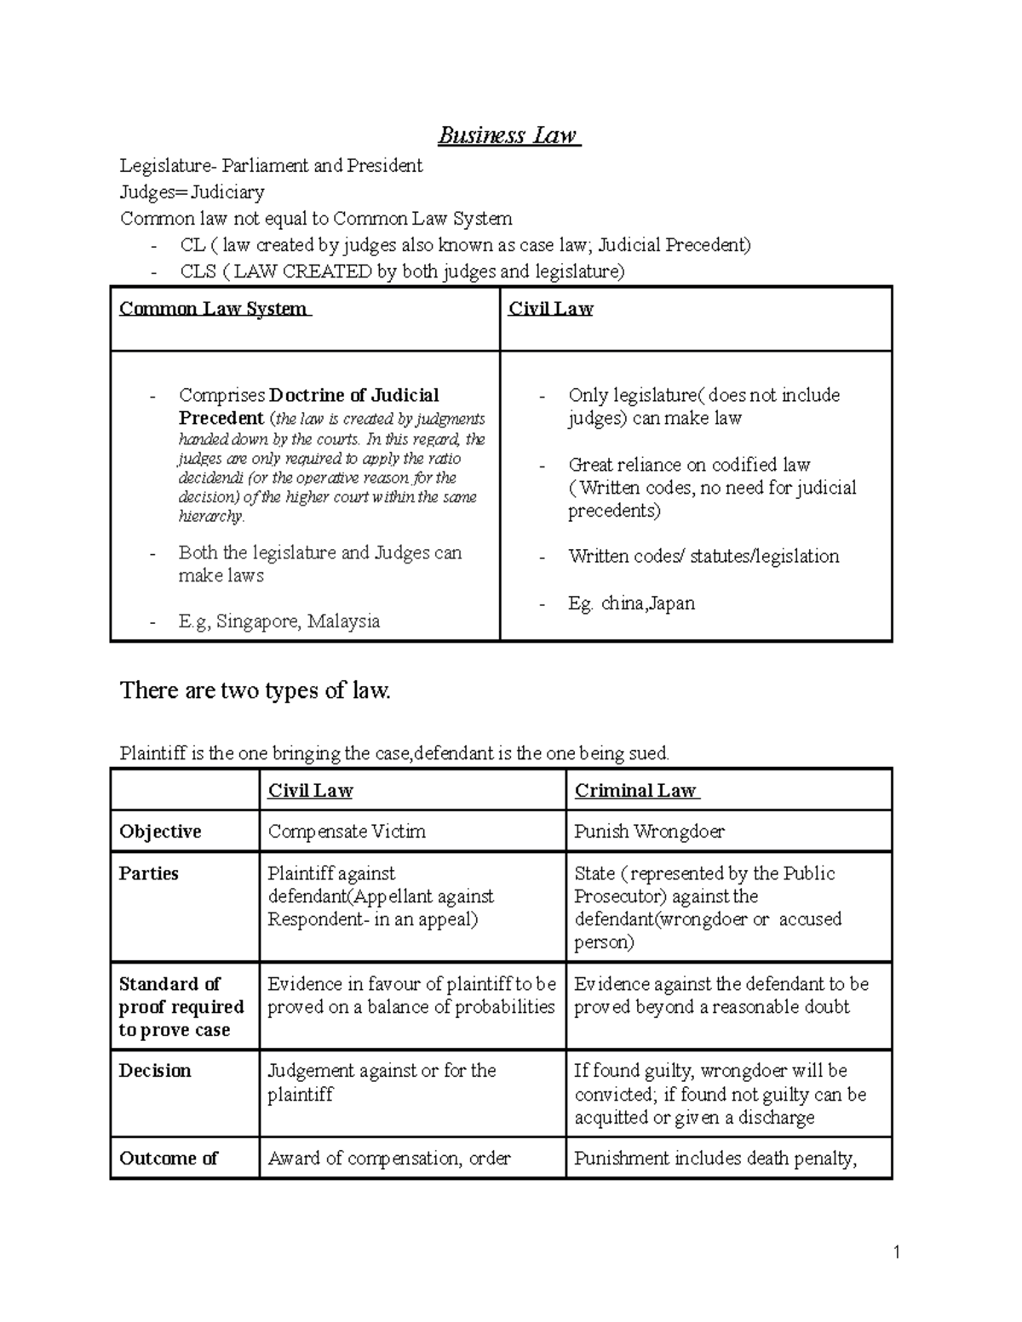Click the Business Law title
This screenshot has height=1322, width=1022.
[508, 136]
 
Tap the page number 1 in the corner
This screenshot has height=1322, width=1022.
[896, 1251]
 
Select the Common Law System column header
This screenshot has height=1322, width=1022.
[215, 309]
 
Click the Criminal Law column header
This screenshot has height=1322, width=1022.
[635, 791]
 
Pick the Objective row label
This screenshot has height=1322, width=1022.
[160, 832]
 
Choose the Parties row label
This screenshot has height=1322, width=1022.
[149, 873]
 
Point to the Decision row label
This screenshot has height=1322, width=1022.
[155, 1071]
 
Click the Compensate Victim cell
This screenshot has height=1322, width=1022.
[347, 832]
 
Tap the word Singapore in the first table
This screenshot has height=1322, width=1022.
[256, 621]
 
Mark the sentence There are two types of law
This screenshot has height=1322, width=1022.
[255, 690]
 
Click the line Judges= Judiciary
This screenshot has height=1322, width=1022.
[192, 192]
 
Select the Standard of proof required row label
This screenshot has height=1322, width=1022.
[181, 1007]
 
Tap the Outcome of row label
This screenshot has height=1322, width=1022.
[169, 1159]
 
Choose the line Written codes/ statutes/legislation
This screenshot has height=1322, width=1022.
[703, 557]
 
